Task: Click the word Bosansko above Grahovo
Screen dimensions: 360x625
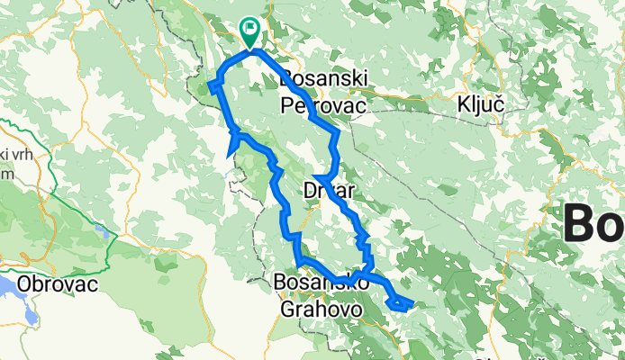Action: click(x=321, y=283)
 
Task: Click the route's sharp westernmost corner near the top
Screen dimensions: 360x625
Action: click(x=212, y=85)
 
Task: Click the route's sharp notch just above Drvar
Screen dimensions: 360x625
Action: click(x=317, y=177)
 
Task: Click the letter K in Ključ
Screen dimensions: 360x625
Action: click(x=461, y=104)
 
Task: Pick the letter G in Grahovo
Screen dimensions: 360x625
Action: click(x=285, y=308)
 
